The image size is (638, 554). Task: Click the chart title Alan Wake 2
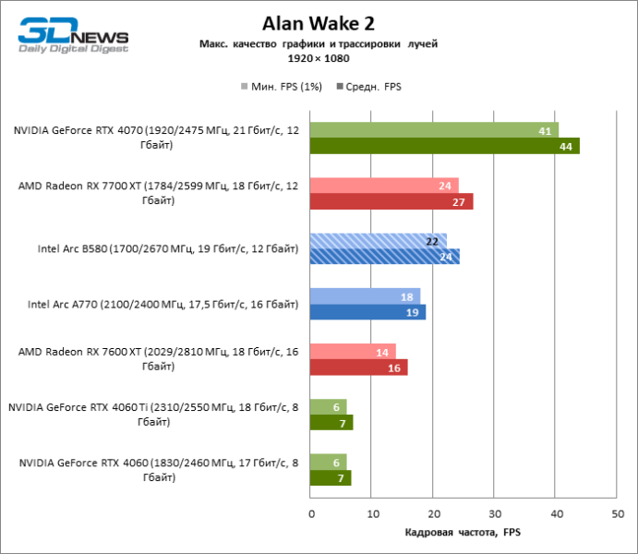pyautogui.click(x=318, y=22)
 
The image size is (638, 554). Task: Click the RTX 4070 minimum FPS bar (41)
pyautogui.click(x=435, y=130)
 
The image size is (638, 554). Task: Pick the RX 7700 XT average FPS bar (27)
pyautogui.click(x=391, y=201)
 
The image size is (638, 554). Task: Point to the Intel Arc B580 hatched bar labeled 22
pyautogui.click(x=379, y=241)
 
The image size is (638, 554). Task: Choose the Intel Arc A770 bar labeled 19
pyautogui.click(x=368, y=312)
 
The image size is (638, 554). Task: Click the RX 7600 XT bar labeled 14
pyautogui.click(x=354, y=352)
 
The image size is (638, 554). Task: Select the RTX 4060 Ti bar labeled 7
pyautogui.click(x=331, y=423)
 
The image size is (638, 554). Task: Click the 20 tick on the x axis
pyautogui.click(x=433, y=512)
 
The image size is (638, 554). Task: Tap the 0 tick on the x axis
pyautogui.click(x=311, y=512)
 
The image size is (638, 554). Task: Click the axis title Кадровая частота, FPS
pyautogui.click(x=463, y=533)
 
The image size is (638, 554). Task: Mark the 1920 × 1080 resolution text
pyautogui.click(x=318, y=57)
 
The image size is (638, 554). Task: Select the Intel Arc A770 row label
pyautogui.click(x=163, y=304)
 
